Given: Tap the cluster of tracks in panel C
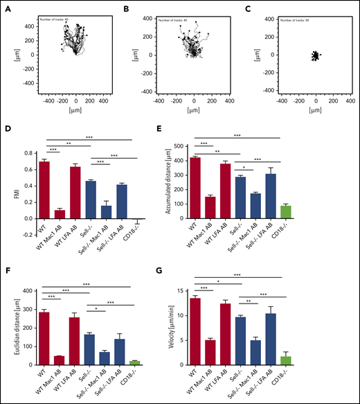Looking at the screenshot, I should (315, 55).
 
